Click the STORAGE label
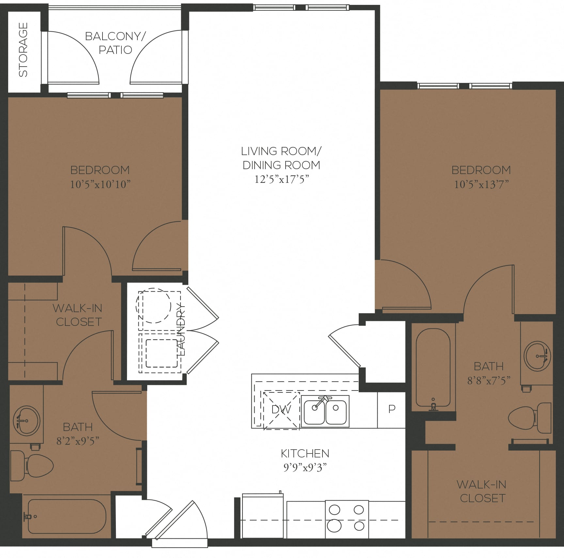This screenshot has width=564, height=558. coord(23,50)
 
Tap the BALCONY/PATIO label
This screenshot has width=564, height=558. coord(115,43)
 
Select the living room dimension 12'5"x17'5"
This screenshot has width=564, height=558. coord(281,179)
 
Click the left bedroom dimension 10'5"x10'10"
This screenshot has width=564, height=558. coord(100,184)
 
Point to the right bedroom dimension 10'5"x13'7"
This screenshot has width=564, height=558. coord(481,184)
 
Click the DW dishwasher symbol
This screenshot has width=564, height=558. coord(281,410)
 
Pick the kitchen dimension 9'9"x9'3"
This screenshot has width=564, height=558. coord(305,468)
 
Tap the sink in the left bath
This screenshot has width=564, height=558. coord(26,421)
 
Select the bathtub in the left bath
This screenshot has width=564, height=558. coord(67,516)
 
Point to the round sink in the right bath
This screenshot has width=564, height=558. coord(537,356)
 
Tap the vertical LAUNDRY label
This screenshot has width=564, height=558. coord(181,330)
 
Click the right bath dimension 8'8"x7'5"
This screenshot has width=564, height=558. coord(488,381)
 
